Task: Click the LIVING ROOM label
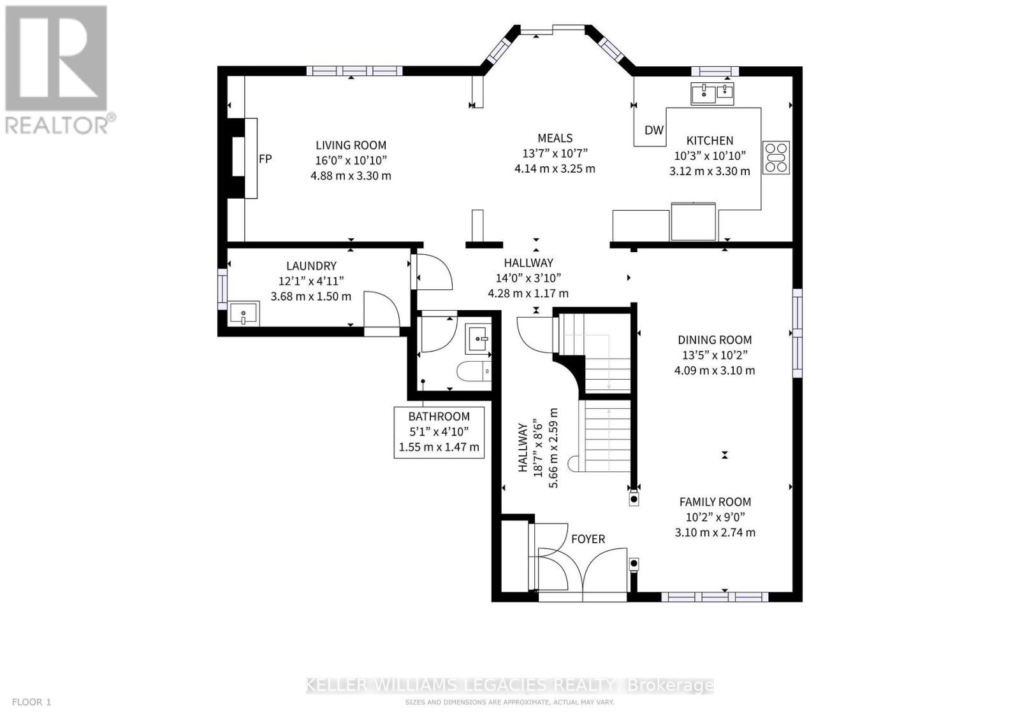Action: pyautogui.click(x=351, y=145)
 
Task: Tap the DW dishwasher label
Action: pyautogui.click(x=654, y=130)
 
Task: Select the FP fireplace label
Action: pyautogui.click(x=265, y=159)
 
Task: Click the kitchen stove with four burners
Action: pyautogui.click(x=776, y=158)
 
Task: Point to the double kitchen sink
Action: pyautogui.click(x=712, y=94)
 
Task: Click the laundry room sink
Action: pyautogui.click(x=244, y=313)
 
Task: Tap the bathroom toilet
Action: pyautogui.click(x=474, y=371)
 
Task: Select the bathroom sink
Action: pyautogui.click(x=478, y=338)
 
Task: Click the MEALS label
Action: pyautogui.click(x=555, y=138)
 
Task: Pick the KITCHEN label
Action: pyautogui.click(x=710, y=141)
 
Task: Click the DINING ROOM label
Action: pyautogui.click(x=715, y=340)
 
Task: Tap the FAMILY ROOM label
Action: pyautogui.click(x=715, y=502)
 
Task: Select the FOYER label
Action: pyautogui.click(x=588, y=539)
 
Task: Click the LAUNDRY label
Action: pyautogui.click(x=311, y=266)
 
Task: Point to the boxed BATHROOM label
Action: pyautogui.click(x=439, y=432)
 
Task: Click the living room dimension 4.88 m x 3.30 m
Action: pyautogui.click(x=351, y=176)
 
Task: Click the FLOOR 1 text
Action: pyautogui.click(x=31, y=702)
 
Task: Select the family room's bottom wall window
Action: pyautogui.click(x=715, y=597)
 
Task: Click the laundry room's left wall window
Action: pyautogui.click(x=222, y=289)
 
